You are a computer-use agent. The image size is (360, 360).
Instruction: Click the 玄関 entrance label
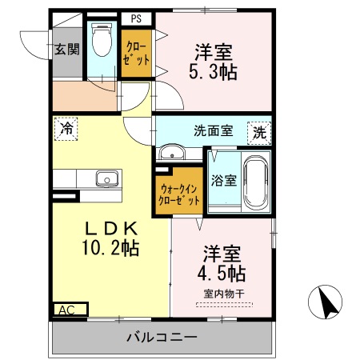click(x=67, y=49)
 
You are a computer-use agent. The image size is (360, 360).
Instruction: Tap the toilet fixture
click(x=102, y=40)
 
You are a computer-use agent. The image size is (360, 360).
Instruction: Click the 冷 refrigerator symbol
click(x=67, y=128)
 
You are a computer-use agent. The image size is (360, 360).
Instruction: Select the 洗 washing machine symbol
click(x=260, y=133)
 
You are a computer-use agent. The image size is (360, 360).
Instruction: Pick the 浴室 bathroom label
click(x=223, y=180)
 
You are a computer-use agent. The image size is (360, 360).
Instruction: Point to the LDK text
click(x=112, y=226)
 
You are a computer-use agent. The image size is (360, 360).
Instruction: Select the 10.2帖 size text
click(x=112, y=247)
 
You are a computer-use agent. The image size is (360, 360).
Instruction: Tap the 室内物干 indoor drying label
click(x=223, y=293)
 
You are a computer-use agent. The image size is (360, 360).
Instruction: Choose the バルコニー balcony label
click(x=161, y=337)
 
